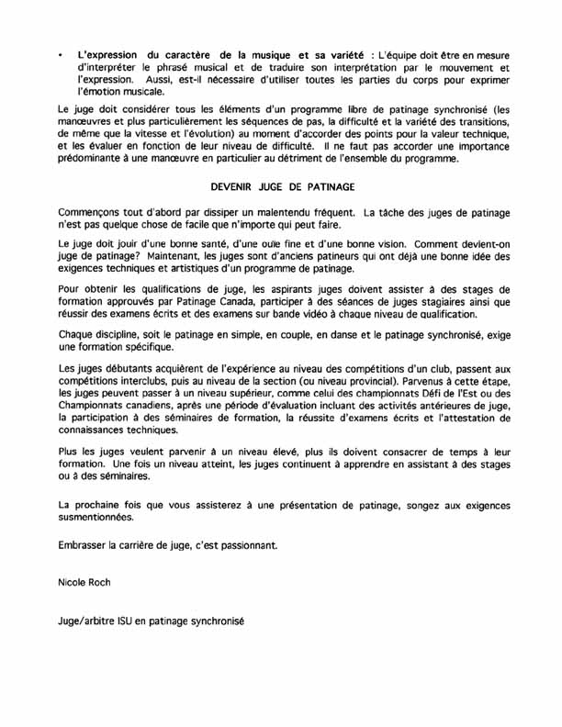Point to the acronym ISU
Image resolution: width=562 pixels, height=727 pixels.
pyautogui.click(x=128, y=623)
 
